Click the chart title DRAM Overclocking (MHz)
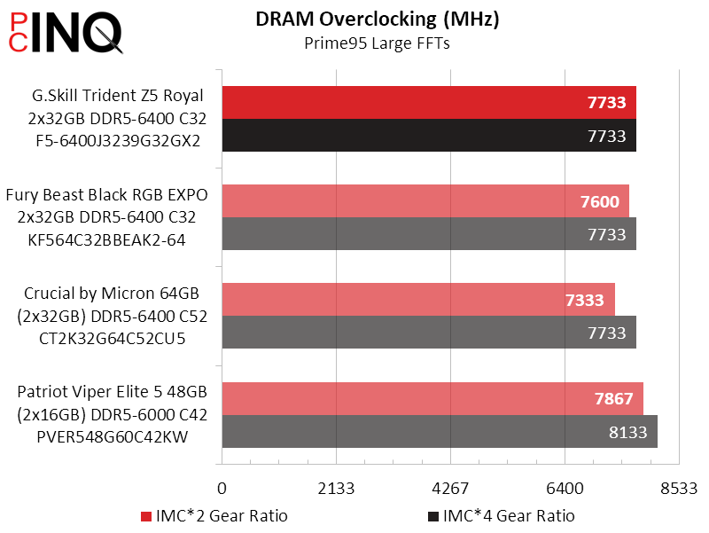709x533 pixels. coord(377,20)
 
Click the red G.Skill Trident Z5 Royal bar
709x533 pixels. coord(429,103)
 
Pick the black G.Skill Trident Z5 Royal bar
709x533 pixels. coord(429,136)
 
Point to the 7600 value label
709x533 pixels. coord(600,201)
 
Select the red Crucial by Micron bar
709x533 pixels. coord(418,300)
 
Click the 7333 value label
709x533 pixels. coord(586,300)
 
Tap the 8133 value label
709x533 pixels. coord(628,432)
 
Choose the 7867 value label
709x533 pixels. coord(613,399)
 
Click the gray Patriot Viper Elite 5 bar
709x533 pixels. coord(440,432)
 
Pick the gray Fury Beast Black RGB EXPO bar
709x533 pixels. coord(429,234)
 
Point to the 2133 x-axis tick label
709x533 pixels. coord(336,489)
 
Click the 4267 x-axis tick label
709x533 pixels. coord(450,489)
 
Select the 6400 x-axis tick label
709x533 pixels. coord(565,489)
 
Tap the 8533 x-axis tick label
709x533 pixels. coord(679,489)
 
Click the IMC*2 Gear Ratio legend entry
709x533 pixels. coord(214,516)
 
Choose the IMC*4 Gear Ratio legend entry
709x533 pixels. coord(501,516)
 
